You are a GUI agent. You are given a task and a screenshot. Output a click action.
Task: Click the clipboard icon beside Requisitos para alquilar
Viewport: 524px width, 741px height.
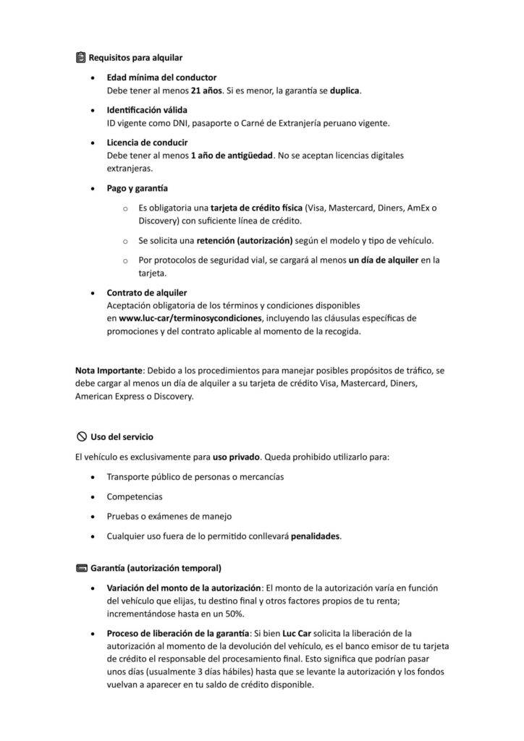(x=80, y=57)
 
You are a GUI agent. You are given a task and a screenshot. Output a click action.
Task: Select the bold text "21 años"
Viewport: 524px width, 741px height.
(x=206, y=90)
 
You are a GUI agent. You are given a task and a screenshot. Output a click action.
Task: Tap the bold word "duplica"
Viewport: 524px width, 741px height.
(x=345, y=90)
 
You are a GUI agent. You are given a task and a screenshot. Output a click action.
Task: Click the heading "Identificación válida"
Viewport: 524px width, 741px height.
(x=147, y=109)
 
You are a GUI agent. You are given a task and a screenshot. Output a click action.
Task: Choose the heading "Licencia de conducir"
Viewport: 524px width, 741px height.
(x=147, y=142)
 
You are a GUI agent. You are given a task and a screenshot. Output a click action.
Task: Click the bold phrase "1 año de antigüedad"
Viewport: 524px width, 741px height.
(x=232, y=156)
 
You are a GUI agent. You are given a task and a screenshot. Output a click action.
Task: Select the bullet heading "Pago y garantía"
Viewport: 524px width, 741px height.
(x=138, y=188)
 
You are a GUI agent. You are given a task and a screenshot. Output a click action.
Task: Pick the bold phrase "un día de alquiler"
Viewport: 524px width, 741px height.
(x=383, y=260)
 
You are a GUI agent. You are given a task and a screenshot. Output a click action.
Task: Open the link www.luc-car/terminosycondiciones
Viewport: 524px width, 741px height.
(x=190, y=318)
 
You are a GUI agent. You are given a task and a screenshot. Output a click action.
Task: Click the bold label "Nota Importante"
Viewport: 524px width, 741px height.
(x=109, y=370)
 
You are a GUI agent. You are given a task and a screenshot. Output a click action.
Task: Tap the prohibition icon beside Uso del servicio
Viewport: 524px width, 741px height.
(x=81, y=436)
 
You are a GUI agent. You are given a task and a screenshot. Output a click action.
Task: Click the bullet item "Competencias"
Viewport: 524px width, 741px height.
(x=135, y=497)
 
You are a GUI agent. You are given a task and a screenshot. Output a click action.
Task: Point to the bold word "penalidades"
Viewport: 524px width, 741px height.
(x=315, y=536)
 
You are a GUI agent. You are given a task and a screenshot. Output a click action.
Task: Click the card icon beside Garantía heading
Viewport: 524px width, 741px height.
(x=81, y=567)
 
